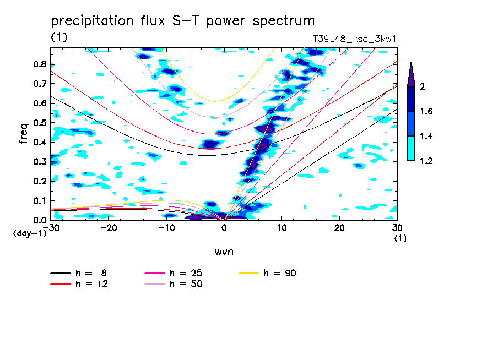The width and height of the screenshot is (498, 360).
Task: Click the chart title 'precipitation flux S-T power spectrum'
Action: coord(183,21)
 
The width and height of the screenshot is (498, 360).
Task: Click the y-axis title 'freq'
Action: coord(24,133)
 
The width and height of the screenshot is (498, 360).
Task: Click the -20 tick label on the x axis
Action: coord(109,228)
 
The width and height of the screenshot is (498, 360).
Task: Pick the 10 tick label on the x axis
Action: coord(282,228)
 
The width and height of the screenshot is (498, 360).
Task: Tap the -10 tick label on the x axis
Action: coord(166,228)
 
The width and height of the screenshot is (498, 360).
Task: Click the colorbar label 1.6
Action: coord(426,112)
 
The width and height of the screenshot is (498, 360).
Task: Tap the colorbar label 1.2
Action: coord(426,161)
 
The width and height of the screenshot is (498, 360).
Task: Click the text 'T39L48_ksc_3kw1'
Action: coord(355,39)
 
